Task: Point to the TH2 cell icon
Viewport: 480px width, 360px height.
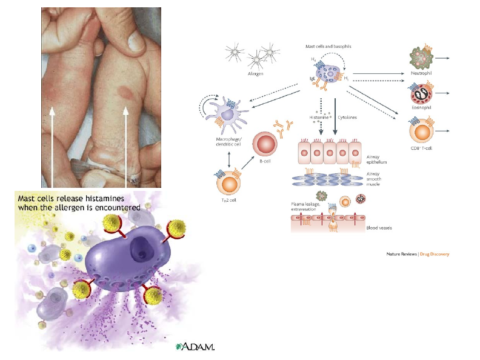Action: click(228, 183)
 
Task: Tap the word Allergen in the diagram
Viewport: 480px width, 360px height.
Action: click(255, 73)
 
